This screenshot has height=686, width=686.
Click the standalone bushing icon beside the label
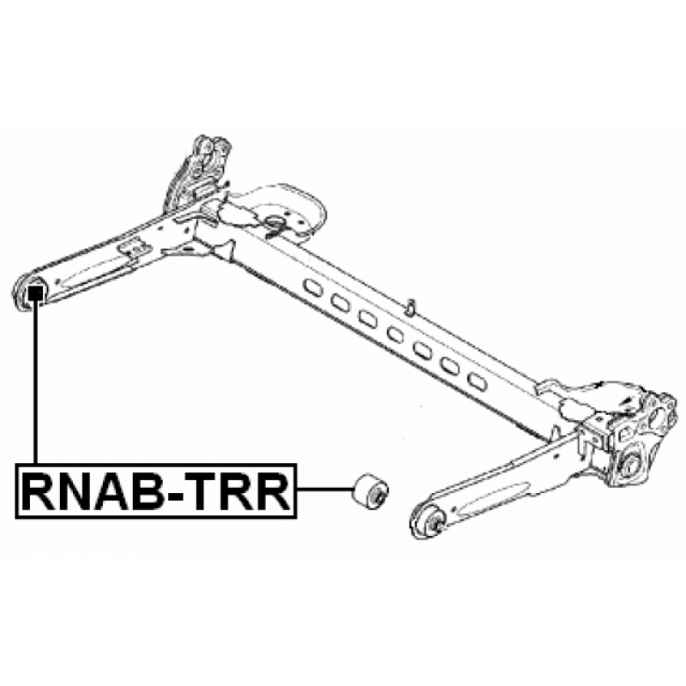370,490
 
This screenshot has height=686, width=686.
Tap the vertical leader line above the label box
35,382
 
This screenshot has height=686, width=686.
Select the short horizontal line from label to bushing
325,489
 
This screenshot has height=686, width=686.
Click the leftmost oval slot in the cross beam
313,287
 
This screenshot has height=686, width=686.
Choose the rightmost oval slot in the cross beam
477,380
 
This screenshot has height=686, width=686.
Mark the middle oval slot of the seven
395,334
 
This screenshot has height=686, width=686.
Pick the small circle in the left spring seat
274,222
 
